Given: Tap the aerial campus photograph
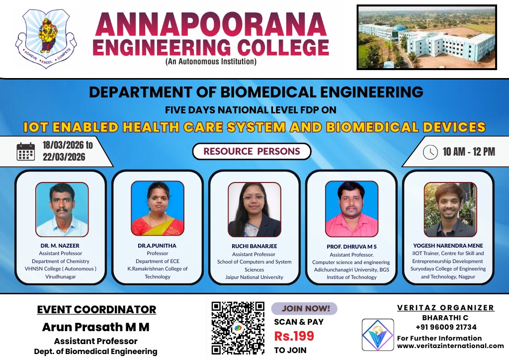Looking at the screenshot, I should tap(426, 37).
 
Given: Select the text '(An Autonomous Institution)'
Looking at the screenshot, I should tap(211, 62).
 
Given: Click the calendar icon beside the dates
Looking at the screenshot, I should tap(25, 152).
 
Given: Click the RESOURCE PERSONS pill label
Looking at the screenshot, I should tap(252, 152).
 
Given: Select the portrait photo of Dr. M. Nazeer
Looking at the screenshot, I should tap(62, 209).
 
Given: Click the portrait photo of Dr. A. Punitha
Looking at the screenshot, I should tap(158, 208).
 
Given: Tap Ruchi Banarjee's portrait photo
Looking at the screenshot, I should tap(254, 209).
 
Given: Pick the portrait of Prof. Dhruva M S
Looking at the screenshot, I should tap(351, 209).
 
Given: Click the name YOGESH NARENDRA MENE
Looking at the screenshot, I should tap(448, 246).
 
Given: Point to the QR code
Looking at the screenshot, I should tap(238, 327).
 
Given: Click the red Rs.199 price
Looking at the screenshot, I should tap(294, 336).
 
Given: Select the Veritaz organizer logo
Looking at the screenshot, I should tap(377, 335).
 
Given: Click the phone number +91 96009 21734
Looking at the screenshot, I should tap(445, 327).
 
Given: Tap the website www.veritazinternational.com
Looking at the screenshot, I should tap(450, 346).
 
